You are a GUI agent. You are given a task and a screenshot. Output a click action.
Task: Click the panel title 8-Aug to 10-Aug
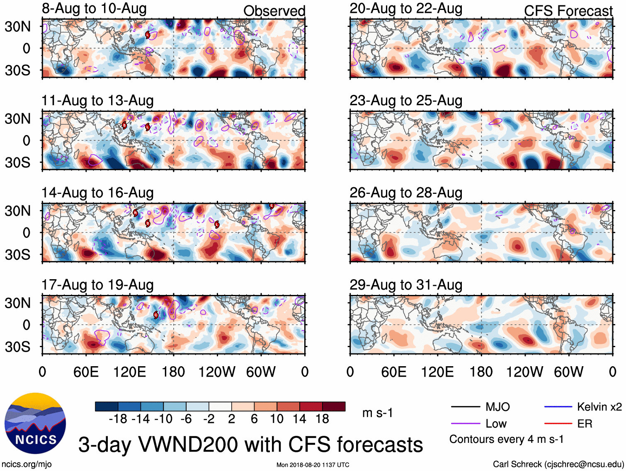[x=94, y=9]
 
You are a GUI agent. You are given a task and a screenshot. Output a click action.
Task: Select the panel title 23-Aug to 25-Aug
[x=405, y=101]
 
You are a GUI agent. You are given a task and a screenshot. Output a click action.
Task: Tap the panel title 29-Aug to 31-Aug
[x=405, y=285]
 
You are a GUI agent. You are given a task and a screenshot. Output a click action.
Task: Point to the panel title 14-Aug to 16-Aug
[x=97, y=193]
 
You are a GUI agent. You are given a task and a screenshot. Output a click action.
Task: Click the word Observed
[x=274, y=11]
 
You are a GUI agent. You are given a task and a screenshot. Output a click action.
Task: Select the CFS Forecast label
[x=568, y=11]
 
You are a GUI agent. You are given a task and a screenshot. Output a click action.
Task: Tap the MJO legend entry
[x=497, y=407]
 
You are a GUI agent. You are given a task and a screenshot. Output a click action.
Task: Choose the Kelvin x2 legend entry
[x=599, y=407]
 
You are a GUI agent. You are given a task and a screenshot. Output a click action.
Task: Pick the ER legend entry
[x=585, y=424]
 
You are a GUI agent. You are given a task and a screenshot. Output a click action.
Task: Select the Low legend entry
[x=496, y=424]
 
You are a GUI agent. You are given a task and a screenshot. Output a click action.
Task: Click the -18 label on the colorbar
[x=118, y=419]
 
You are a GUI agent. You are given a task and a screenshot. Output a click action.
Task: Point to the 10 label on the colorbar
[x=277, y=419]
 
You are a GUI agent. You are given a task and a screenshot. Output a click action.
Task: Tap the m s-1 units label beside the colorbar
[x=377, y=413]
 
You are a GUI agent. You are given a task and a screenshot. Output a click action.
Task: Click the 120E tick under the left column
[x=129, y=372]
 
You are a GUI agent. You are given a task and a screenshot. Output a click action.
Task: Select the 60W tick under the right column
[x=568, y=372]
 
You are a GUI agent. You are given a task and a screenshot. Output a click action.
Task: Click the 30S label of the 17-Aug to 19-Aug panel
[x=18, y=347]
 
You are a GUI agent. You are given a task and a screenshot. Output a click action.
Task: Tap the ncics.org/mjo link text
[x=27, y=464]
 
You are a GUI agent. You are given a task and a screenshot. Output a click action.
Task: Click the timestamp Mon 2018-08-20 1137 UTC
[x=313, y=465]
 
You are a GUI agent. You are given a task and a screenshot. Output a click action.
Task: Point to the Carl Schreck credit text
[x=558, y=464]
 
